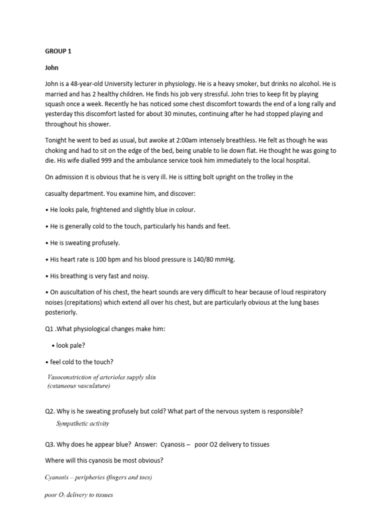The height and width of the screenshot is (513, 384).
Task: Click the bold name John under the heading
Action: point(51,67)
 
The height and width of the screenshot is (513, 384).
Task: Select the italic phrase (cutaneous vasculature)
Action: point(79,386)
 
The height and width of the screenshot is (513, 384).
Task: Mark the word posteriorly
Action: point(61,312)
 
